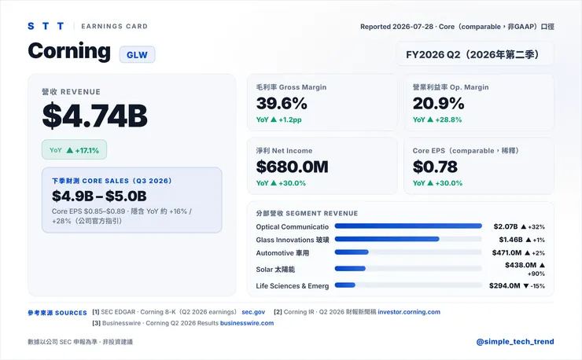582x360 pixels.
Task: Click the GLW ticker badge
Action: tap(137, 54)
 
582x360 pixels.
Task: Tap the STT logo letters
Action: tap(46, 26)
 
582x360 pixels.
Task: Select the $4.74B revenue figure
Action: tap(94, 116)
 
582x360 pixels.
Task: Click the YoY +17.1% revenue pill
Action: tap(74, 149)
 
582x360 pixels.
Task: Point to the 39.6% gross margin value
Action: tap(282, 103)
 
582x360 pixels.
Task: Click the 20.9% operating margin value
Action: tap(438, 103)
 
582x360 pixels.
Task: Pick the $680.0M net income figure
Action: tap(292, 167)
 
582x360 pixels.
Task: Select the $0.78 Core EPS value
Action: tap(435, 167)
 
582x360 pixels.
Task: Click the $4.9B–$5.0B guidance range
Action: tap(99, 196)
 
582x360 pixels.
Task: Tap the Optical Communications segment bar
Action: tap(408, 226)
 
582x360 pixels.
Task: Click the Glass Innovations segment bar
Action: tap(387, 239)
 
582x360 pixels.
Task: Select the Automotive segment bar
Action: tap(352, 252)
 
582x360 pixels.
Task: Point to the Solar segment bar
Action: tap(350, 268)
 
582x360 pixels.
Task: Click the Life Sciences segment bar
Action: tap(344, 285)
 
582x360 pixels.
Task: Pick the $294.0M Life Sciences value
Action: tap(505, 286)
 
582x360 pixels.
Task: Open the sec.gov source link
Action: tap(253, 312)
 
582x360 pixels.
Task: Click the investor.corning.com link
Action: tap(409, 312)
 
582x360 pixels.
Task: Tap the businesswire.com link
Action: tap(247, 323)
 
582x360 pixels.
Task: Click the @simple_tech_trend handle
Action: tap(515, 341)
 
